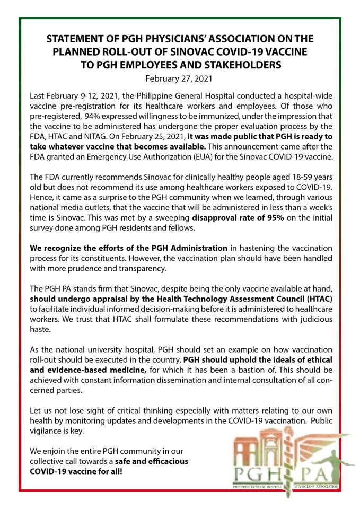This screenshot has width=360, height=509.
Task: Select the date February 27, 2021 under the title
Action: (179, 79)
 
